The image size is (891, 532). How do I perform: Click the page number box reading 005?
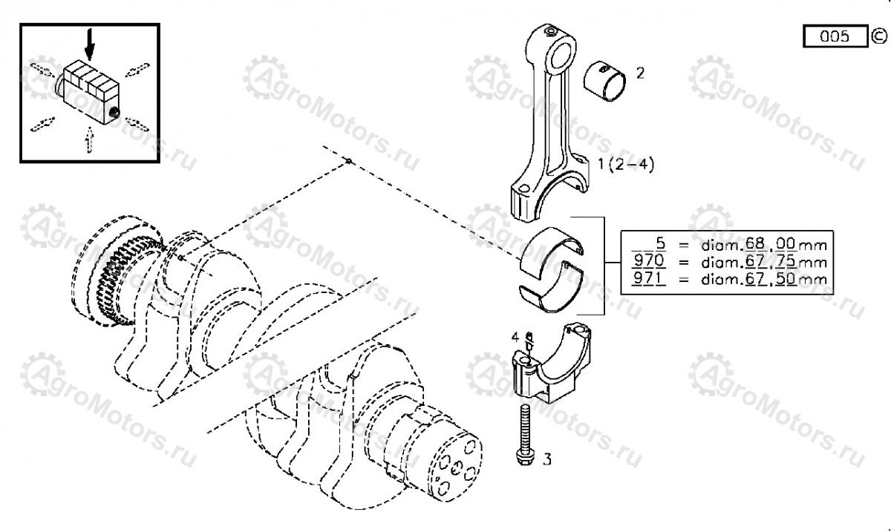(835, 36)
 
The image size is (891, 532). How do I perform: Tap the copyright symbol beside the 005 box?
(878, 36)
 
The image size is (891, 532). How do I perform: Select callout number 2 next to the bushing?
(640, 73)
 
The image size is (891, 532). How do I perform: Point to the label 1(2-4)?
(626, 165)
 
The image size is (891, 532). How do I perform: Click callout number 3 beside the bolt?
(547, 460)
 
